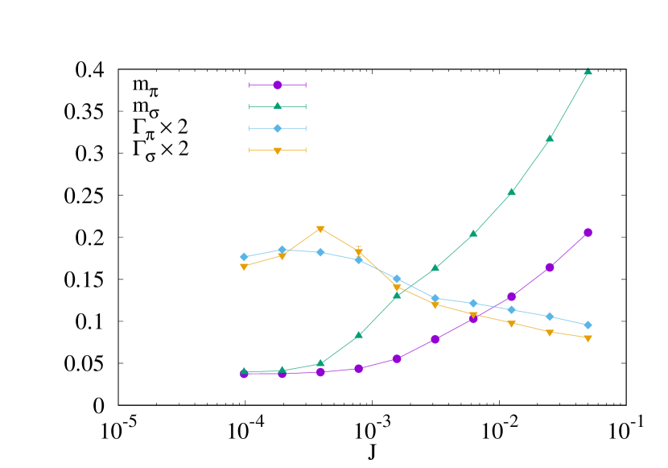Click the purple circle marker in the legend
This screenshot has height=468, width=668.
[278, 85]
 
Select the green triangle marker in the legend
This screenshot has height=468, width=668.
[278, 106]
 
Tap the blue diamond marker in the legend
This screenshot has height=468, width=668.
[278, 128]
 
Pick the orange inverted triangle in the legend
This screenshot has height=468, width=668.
[278, 150]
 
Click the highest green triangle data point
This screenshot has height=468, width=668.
[588, 71]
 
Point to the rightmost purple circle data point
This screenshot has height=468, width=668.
[588, 232]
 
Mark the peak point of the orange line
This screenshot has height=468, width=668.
[320, 229]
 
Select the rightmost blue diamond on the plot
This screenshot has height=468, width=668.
[588, 325]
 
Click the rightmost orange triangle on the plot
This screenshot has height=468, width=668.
[588, 338]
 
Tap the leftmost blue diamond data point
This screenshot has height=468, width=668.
[244, 257]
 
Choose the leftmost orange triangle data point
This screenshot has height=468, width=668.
[244, 267]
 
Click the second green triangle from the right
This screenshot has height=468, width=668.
[550, 139]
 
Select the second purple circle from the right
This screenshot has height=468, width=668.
[550, 267]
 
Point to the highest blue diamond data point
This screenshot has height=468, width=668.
[282, 250]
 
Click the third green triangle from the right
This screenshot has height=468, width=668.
[511, 192]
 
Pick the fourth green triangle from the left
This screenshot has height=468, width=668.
[359, 334]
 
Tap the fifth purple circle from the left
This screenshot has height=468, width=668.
[397, 358]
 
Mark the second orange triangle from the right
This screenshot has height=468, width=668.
[550, 332]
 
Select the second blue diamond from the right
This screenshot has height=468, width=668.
[550, 317]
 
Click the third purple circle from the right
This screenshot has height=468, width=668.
[511, 296]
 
